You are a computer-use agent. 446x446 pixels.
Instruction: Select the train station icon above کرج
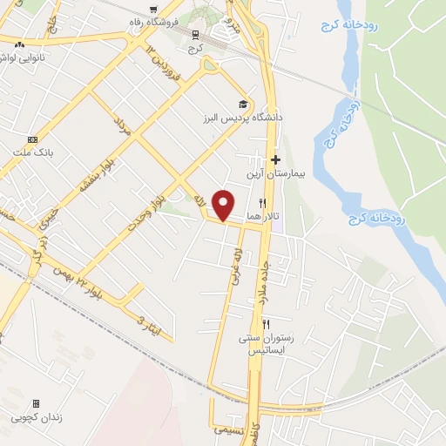[195, 35]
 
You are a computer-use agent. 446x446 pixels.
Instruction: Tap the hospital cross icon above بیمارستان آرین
[275, 159]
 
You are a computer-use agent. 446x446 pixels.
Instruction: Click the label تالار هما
[253, 215]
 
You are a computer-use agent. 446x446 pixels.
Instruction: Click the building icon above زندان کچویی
[36, 404]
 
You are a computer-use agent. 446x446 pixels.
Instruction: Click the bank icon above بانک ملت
[33, 140]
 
